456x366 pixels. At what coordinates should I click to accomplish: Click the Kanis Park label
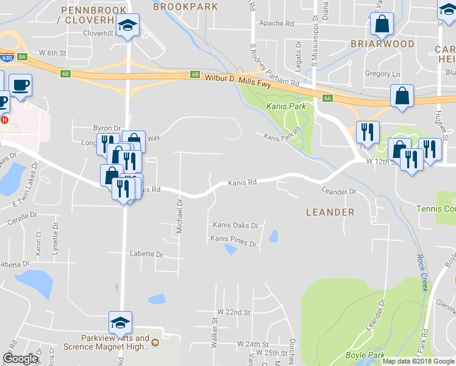[x=286, y=107]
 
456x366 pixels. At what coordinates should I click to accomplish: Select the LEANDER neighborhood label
[x=330, y=212]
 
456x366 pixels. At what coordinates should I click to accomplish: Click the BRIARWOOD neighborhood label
[x=382, y=44]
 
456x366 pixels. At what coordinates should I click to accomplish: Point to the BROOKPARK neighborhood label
[x=185, y=7]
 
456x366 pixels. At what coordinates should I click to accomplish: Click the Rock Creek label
[x=421, y=273]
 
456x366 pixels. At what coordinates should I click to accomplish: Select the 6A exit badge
[x=327, y=98]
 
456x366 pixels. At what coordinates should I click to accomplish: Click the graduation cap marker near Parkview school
[x=121, y=321]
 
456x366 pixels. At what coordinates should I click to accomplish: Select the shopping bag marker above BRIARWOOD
[x=382, y=24]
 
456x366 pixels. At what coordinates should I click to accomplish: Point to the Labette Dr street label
[x=146, y=254]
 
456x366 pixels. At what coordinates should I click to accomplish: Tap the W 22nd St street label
[x=233, y=312]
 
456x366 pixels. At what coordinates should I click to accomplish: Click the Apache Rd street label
[x=276, y=24]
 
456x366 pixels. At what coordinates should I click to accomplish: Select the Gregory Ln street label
[x=382, y=74]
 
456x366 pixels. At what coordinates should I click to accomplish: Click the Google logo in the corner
[x=20, y=359]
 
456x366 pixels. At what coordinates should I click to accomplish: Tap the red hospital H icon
[x=5, y=120]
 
